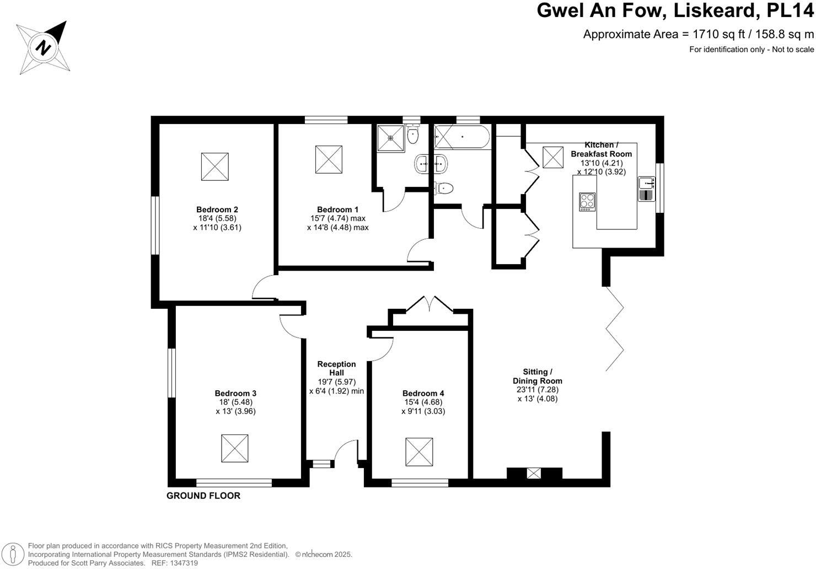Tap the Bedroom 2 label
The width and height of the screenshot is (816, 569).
217,210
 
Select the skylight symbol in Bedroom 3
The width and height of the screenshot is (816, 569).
234,448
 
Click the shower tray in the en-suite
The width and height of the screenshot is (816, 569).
391,138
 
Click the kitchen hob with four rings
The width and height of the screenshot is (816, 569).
587,202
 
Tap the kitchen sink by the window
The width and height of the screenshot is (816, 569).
646,188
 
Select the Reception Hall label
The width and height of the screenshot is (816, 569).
336,368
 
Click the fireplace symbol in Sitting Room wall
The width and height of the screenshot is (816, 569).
534,473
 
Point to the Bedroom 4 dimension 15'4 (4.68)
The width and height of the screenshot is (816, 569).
423,402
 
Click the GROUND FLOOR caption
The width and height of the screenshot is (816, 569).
203,496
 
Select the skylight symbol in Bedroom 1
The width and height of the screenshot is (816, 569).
329,159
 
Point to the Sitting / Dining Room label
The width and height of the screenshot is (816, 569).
537,376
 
